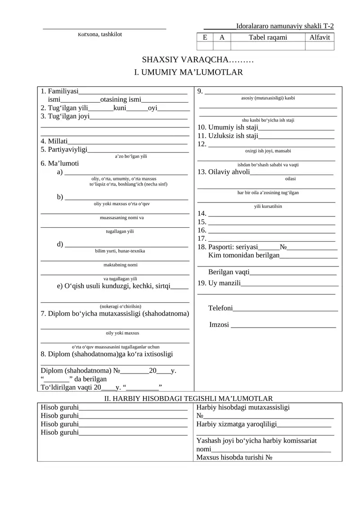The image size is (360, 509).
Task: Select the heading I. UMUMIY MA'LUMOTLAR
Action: (189, 72)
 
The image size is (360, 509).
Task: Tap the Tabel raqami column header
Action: (268, 37)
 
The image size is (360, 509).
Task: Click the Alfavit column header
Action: (319, 37)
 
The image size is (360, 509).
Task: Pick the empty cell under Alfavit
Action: (319, 46)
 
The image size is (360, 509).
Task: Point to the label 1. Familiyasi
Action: (59, 91)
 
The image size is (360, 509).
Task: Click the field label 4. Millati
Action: (54, 141)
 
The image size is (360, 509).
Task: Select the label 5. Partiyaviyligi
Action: (64, 149)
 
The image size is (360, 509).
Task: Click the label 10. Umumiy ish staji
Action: (227, 127)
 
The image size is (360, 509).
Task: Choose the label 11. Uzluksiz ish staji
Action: (228, 135)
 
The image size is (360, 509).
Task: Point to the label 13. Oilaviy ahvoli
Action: (224, 171)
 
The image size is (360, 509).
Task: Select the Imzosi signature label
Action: (219, 324)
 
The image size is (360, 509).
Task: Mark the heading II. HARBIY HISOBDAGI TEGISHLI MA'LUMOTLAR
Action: (189, 398)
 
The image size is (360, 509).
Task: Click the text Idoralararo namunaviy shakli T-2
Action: (285, 27)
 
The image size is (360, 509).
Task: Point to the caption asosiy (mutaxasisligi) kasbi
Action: (265, 98)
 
